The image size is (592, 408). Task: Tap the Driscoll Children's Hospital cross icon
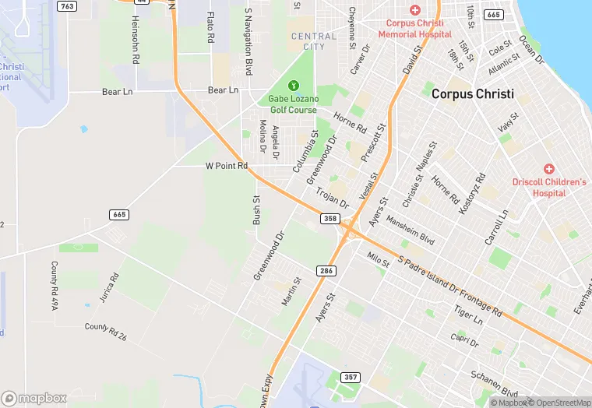tap(548, 168)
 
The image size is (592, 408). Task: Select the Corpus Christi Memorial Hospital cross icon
tap(414, 10)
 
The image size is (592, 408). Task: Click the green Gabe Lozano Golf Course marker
tap(293, 85)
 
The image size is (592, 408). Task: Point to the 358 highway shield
tap(330, 219)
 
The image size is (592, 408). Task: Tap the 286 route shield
tap(326, 270)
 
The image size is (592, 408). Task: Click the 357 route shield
tap(351, 377)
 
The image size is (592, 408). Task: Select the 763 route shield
tap(68, 6)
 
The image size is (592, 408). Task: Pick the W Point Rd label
tap(226, 166)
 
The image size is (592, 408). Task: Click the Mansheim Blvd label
tap(410, 230)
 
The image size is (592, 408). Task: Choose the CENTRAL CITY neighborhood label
tap(314, 41)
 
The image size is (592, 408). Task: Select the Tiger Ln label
tap(468, 315)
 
